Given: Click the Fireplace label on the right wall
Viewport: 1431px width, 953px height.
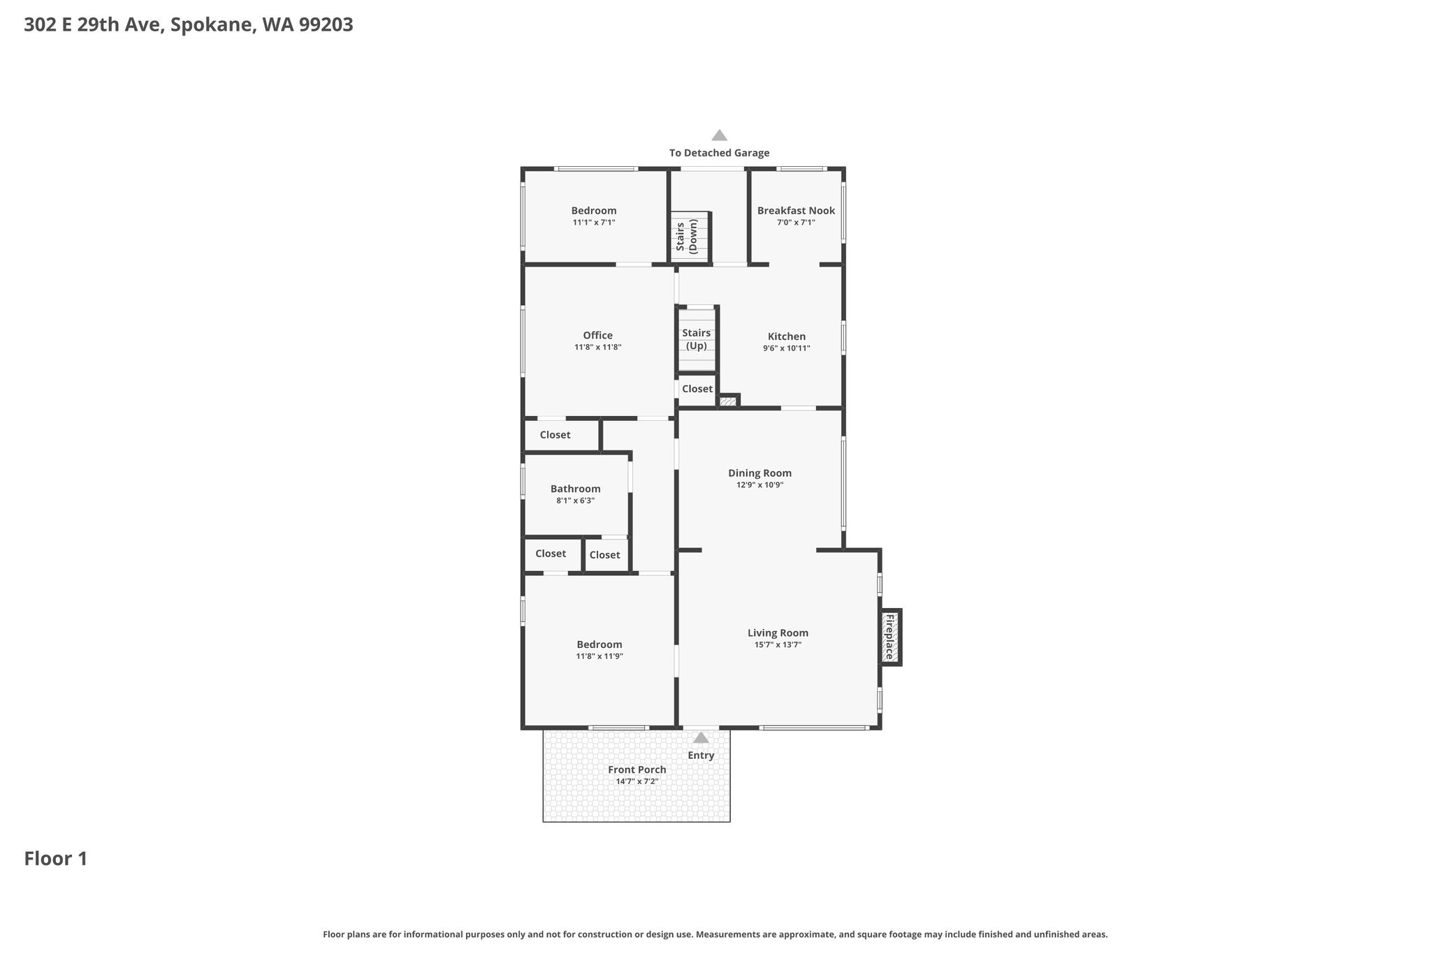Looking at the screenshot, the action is [889, 637].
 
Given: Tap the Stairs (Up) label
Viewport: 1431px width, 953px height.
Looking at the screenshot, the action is [697, 339].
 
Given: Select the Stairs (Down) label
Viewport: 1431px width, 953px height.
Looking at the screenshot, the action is [687, 236].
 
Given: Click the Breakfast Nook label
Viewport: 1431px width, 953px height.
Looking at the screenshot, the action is [796, 211].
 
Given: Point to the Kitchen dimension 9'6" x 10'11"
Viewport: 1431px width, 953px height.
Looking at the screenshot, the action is [787, 348].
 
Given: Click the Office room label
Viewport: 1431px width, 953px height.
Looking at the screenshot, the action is [598, 335].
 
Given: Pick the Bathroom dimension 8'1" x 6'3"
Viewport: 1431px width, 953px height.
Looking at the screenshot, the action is [576, 501].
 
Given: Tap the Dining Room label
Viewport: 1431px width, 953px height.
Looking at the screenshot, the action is [760, 473].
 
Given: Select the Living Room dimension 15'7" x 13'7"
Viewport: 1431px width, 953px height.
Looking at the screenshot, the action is [778, 645].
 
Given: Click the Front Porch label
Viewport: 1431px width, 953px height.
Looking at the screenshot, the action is [637, 769].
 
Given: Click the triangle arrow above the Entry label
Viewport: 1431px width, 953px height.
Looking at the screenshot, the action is [701, 737].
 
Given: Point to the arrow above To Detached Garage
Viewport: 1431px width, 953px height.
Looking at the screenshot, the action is [719, 135].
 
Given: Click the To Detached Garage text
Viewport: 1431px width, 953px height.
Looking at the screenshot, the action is [720, 153].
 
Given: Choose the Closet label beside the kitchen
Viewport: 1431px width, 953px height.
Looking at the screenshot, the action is [697, 389].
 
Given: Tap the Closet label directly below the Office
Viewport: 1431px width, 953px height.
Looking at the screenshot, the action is [555, 435].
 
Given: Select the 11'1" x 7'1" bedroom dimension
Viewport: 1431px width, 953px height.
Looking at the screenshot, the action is [594, 223].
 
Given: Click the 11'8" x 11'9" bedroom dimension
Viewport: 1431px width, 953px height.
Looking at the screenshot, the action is [600, 656].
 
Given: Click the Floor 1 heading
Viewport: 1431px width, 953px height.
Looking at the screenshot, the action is [56, 859].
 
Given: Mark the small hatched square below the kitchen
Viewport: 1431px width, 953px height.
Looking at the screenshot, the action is [727, 401].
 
